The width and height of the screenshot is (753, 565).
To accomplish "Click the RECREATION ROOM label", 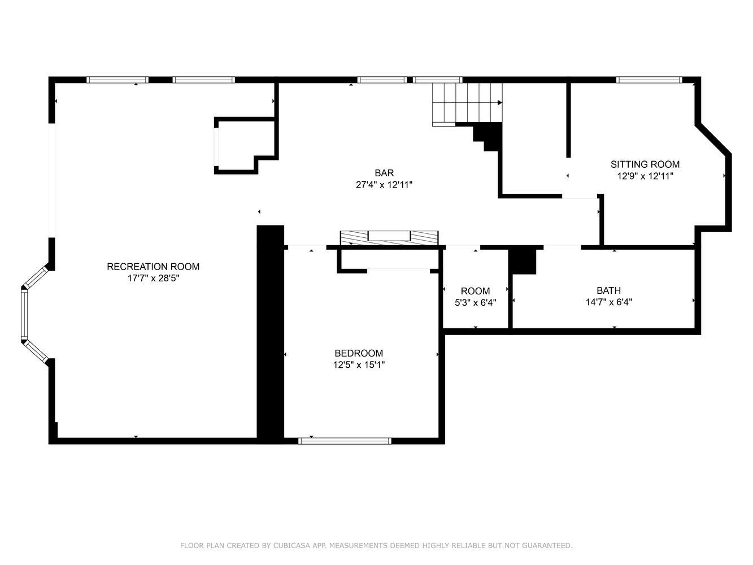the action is point(153,267).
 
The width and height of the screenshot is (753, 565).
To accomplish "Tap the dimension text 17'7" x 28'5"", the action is point(153,278).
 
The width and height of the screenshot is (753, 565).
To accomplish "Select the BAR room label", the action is point(384,173).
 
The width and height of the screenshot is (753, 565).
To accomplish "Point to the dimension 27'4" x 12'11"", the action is point(384,185).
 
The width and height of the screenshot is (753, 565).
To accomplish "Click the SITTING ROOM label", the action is point(645,164).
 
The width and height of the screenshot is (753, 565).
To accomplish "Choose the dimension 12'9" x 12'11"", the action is point(645,176).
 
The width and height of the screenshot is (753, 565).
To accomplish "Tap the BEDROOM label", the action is point(359,353).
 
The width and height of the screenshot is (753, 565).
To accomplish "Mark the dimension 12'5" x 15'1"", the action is point(359,364).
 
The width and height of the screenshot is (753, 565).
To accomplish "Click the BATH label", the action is point(608,290).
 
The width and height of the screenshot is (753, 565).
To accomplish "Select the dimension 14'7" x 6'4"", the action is point(609,302).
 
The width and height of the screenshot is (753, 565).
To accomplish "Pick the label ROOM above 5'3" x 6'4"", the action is point(475,291).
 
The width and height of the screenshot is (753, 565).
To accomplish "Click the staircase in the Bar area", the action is point(467,104).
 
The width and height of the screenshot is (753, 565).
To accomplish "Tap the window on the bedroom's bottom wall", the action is point(345,441).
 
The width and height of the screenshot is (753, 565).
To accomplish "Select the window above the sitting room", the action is point(648,80).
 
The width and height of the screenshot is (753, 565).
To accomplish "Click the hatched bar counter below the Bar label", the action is point(389,238).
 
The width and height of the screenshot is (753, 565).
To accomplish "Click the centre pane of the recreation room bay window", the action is point(24,314).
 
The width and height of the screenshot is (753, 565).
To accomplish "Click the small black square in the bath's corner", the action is point(522,262).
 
